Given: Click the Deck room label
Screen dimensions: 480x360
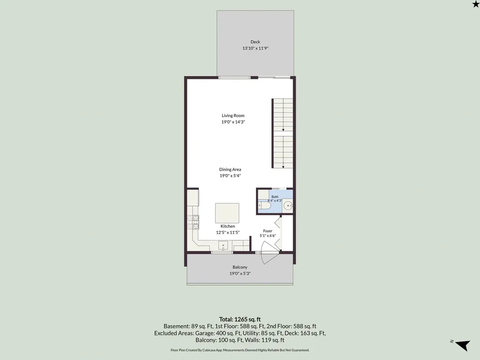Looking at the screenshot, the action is [255, 42].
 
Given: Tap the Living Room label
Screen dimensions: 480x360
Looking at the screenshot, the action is [233, 115].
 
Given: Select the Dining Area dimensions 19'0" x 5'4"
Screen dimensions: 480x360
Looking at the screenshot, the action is [230, 176].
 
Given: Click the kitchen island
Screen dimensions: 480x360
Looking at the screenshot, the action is [227, 213].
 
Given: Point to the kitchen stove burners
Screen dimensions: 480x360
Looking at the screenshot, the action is [193, 222].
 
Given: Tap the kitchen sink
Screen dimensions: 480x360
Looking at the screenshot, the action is [223, 246].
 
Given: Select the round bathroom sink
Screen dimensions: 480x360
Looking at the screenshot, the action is [288, 206].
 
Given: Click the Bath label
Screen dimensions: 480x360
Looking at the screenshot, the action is [275, 196].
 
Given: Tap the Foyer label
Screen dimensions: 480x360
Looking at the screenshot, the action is [268, 231].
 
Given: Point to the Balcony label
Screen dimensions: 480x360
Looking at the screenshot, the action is [240, 267].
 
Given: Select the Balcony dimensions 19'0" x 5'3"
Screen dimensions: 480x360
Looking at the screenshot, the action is [240, 274].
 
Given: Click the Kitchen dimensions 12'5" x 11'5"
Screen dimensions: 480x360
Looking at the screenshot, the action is [228, 232].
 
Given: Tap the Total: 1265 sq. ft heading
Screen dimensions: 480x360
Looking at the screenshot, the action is [240, 320].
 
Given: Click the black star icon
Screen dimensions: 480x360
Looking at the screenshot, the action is [476, 4].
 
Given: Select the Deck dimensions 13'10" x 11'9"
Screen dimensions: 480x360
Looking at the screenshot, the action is [255, 48].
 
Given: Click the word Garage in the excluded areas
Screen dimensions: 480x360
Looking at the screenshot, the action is [205, 333].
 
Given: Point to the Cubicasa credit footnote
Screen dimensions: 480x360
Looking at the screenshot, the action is [240, 350].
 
